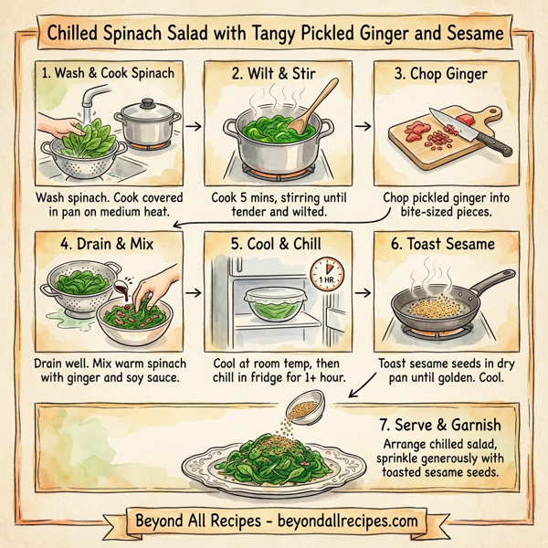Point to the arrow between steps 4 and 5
click(x=193, y=293)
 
